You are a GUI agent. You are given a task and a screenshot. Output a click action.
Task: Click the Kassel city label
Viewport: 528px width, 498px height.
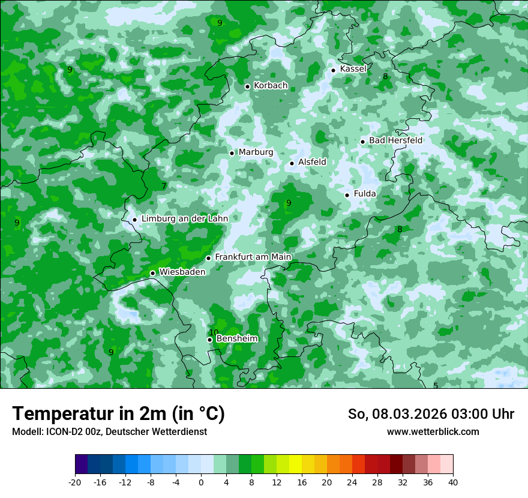pyautogui.click(x=353, y=69)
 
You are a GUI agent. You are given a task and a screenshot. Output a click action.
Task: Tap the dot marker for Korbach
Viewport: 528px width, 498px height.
pyautogui.click(x=247, y=86)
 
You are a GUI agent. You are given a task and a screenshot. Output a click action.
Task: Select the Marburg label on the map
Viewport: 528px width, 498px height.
pyautogui.click(x=256, y=152)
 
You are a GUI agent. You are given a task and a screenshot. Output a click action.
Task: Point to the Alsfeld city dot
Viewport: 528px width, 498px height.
pyautogui.click(x=292, y=163)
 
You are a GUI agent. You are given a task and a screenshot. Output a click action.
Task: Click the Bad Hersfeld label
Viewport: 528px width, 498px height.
pyautogui.click(x=395, y=140)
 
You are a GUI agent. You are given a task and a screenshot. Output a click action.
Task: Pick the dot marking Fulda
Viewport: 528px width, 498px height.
pyautogui.click(x=347, y=195)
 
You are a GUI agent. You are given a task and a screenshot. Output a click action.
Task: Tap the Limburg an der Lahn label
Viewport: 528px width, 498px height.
pyautogui.click(x=185, y=219)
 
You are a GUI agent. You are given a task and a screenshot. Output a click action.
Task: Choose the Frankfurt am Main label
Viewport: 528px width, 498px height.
pyautogui.click(x=253, y=257)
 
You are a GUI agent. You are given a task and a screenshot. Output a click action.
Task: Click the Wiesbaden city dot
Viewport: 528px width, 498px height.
pyautogui.click(x=153, y=273)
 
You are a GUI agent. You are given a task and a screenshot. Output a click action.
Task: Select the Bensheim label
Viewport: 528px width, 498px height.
pyautogui.click(x=237, y=339)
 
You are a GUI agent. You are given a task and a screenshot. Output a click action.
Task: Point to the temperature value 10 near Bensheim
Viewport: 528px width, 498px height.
pyautogui.click(x=214, y=332)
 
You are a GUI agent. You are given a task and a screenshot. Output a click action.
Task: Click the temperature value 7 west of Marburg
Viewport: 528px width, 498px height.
pyautogui.click(x=164, y=186)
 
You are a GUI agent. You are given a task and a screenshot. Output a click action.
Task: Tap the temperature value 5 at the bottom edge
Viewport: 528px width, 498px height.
pyautogui.click(x=436, y=385)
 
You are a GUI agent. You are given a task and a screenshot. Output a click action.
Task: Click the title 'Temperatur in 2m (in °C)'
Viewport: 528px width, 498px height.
pyautogui.click(x=118, y=414)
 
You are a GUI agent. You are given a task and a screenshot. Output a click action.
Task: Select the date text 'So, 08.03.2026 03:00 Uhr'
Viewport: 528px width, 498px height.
pyautogui.click(x=431, y=414)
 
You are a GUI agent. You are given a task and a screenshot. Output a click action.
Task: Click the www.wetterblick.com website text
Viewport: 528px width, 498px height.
pyautogui.click(x=433, y=432)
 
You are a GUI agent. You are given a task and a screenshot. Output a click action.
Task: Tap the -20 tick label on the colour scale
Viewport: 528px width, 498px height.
pyautogui.click(x=75, y=482)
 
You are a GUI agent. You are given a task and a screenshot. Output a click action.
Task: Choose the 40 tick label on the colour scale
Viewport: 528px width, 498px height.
pyautogui.click(x=453, y=482)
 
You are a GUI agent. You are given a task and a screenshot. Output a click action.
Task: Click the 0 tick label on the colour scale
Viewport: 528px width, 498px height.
pyautogui.click(x=201, y=482)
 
